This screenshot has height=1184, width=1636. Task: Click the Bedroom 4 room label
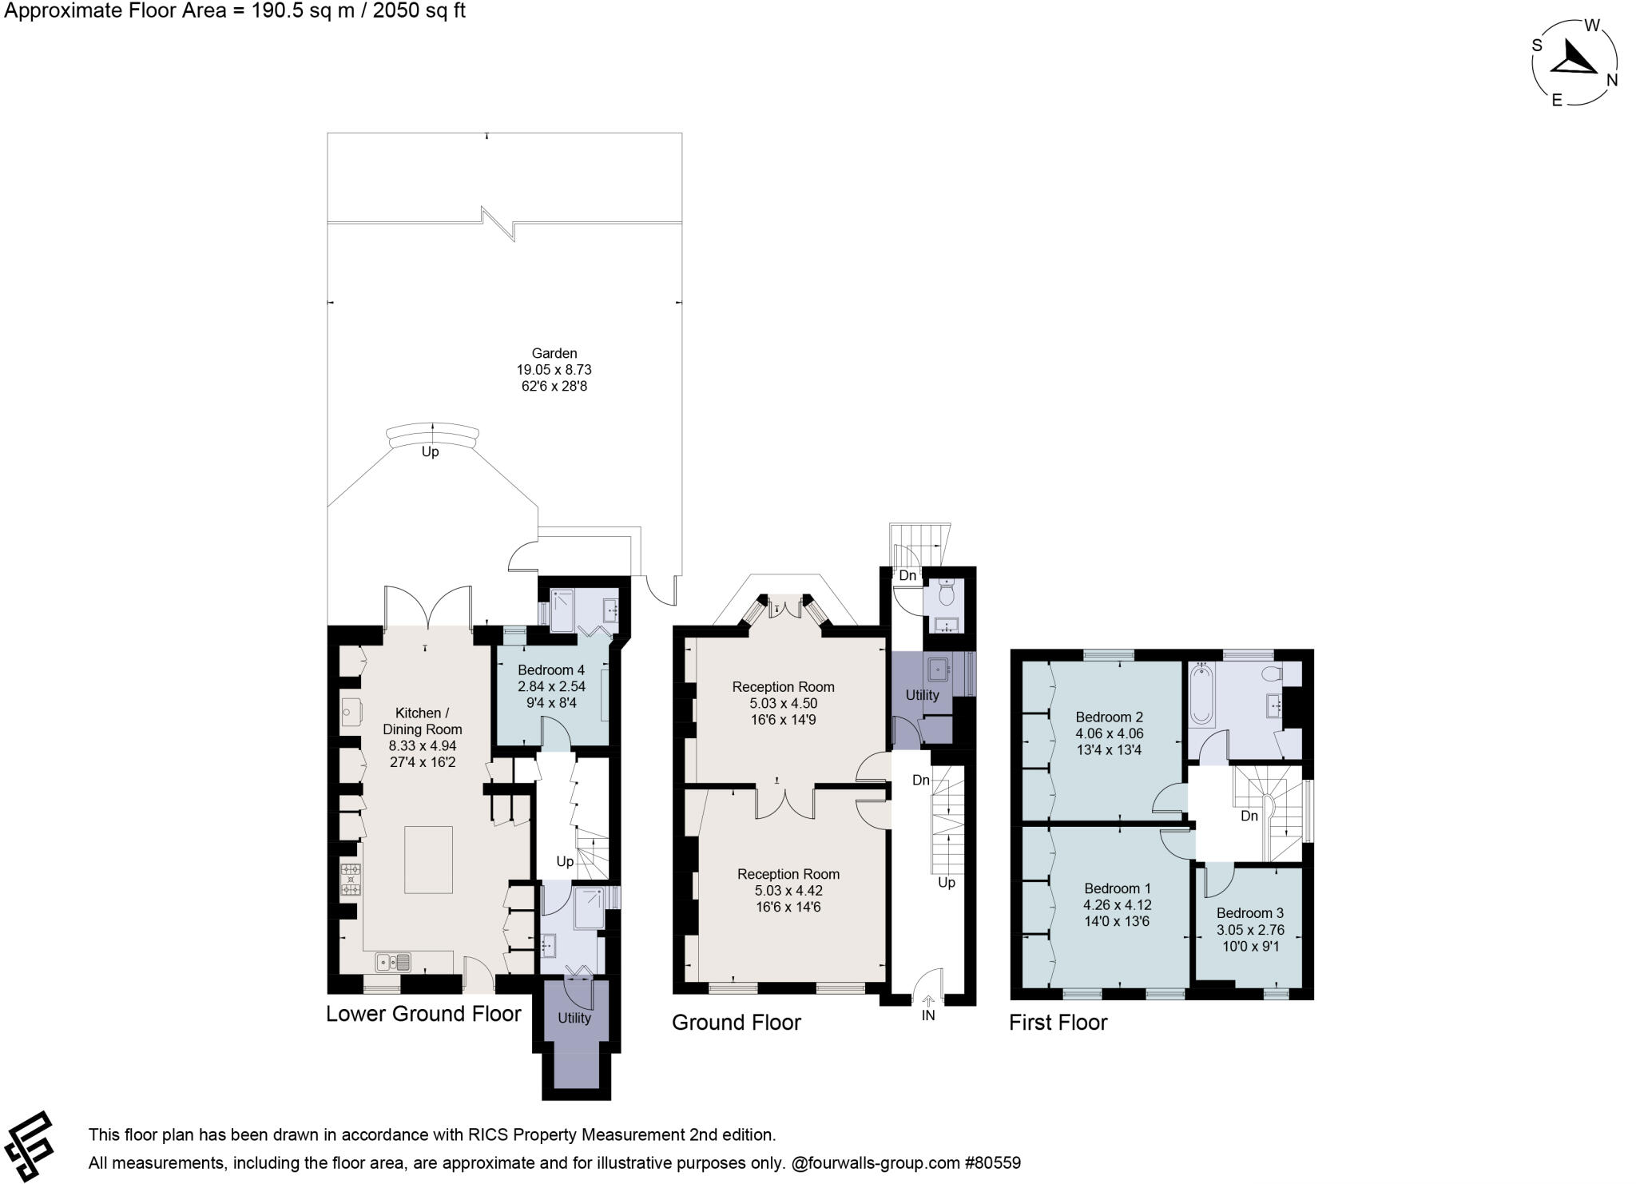click(551, 669)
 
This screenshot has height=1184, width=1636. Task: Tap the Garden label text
click(554, 353)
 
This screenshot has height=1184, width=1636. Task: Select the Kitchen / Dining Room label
click(422, 721)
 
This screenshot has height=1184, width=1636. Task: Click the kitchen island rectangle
click(428, 860)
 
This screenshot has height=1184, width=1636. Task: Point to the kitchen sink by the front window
click(392, 962)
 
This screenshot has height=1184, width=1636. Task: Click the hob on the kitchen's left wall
click(351, 880)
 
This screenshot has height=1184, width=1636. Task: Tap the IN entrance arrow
click(928, 1002)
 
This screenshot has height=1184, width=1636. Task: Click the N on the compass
click(1612, 80)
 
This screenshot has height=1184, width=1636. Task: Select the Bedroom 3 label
click(1250, 912)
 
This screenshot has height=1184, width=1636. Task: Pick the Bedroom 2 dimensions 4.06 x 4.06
click(1109, 733)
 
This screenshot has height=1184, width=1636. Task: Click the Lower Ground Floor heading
click(423, 1014)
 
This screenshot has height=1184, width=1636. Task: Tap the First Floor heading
click(1058, 1023)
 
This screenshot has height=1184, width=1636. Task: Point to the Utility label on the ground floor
click(922, 695)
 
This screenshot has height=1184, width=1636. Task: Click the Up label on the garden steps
click(430, 452)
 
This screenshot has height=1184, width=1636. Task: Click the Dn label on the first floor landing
click(1249, 816)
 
